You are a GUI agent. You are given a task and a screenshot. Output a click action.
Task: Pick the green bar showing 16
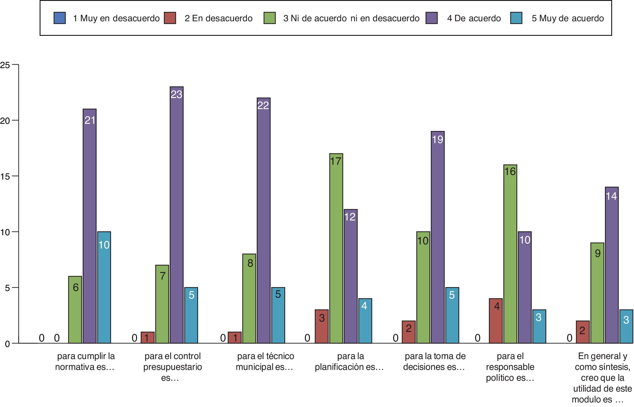tap(510, 254)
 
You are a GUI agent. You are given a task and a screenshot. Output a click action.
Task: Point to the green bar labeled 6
tap(75, 309)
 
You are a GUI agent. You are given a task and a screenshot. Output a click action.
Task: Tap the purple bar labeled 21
tap(89, 226)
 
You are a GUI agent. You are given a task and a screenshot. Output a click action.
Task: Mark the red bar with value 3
tap(321, 326)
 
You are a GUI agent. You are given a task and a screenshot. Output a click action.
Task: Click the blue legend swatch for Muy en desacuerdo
tap(59, 18)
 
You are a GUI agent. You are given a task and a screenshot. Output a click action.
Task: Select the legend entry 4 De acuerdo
tap(474, 18)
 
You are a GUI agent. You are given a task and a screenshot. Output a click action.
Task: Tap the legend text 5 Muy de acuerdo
tap(568, 18)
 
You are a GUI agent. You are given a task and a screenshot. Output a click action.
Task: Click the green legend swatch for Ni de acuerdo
tap(269, 18)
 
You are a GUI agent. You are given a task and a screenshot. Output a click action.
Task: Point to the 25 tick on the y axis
tap(5, 65)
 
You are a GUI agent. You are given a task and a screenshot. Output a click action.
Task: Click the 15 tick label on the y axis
tap(5, 176)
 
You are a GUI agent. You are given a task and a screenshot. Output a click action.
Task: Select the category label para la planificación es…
tap(349, 361)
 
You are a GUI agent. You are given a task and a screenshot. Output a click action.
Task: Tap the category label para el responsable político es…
tap(510, 367)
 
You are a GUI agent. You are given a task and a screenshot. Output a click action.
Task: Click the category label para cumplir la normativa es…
tap(85, 361)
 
